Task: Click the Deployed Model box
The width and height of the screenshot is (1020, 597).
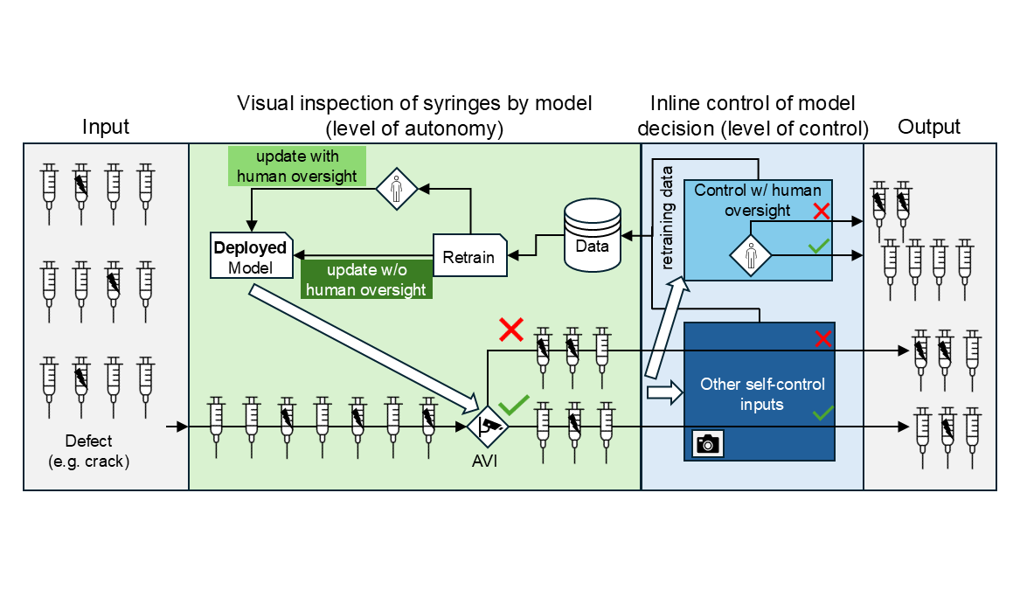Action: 251,255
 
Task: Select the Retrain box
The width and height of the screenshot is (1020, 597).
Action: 469,255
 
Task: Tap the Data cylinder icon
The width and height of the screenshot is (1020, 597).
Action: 592,235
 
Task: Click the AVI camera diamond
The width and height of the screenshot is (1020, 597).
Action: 487,427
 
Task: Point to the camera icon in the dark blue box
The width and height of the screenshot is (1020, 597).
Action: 708,443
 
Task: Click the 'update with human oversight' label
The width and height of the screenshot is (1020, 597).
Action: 296,166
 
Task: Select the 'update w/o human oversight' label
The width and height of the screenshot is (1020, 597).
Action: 366,280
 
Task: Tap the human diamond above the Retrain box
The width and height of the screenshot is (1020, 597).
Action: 396,190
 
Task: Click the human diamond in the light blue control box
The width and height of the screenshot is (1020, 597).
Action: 751,255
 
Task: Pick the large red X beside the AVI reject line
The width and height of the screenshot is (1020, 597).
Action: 511,330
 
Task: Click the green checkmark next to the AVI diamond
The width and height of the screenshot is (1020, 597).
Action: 513,405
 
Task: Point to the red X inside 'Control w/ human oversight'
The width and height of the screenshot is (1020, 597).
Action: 822,211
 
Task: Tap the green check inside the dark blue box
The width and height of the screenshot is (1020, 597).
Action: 822,413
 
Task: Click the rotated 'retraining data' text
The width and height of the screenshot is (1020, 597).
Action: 666,218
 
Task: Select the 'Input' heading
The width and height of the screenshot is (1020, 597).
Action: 106,127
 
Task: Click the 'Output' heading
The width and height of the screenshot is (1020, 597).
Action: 929,127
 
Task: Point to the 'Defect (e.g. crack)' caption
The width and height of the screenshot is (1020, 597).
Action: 89,451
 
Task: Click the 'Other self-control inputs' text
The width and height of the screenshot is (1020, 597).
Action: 762,394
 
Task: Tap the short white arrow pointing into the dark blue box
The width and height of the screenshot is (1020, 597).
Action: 664,392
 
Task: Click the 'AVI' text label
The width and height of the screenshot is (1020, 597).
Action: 484,462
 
